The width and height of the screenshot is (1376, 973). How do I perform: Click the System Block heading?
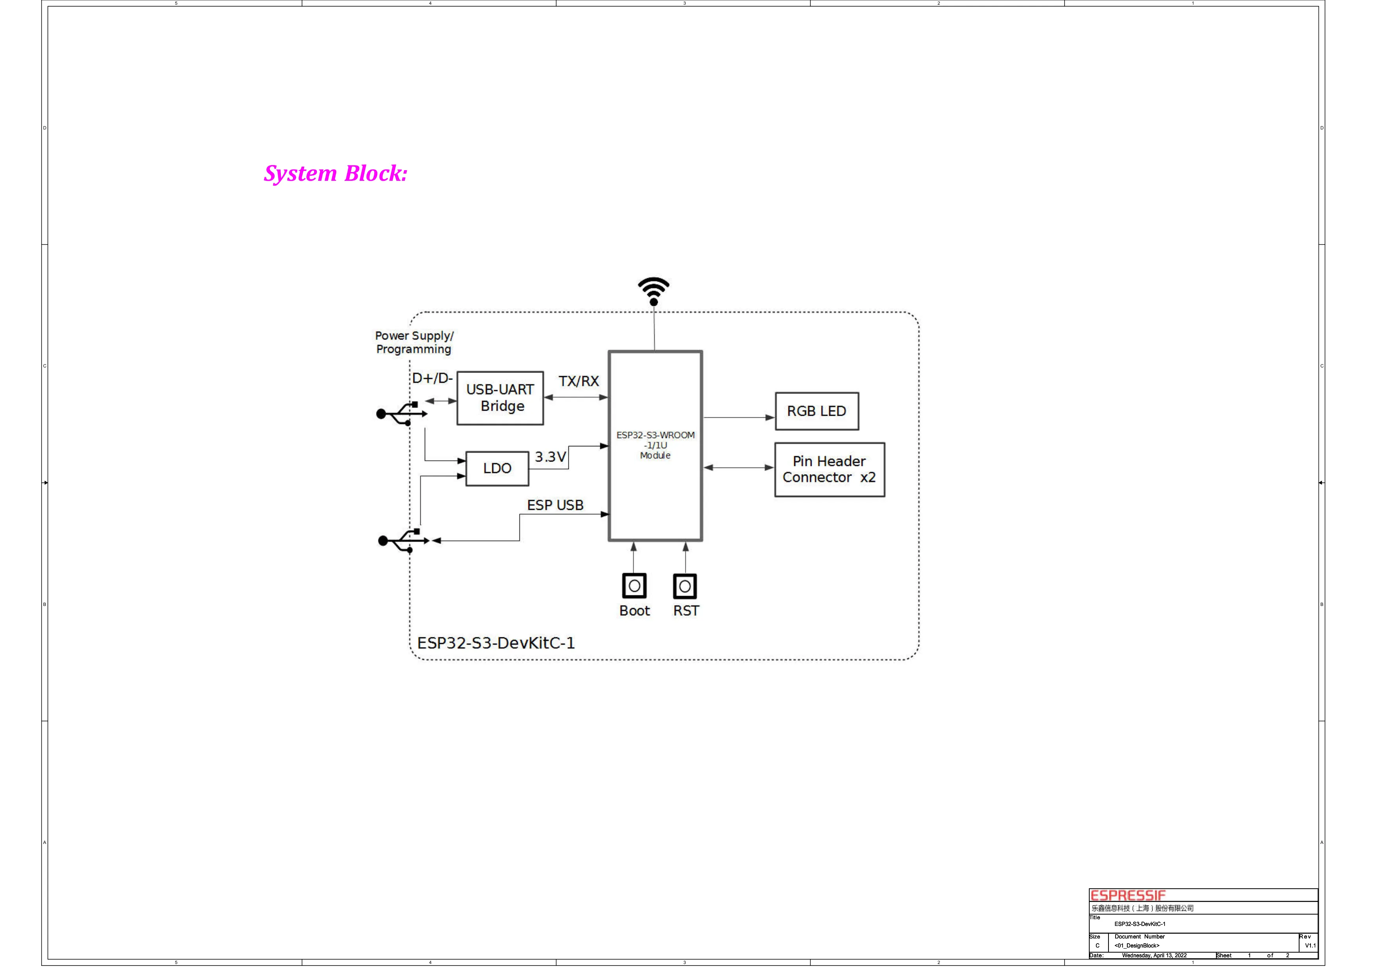[336, 174]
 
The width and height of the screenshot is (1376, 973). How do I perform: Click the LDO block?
[497, 469]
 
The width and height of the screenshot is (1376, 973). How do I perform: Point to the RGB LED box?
[816, 411]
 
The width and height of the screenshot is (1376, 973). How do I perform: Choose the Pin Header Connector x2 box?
[830, 470]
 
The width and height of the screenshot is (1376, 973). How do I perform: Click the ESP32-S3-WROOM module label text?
[655, 445]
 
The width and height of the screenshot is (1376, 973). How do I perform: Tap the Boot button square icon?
[634, 586]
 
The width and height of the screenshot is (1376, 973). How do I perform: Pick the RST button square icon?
[685, 586]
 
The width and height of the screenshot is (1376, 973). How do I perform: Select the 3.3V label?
[550, 457]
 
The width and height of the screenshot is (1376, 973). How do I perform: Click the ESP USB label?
[555, 506]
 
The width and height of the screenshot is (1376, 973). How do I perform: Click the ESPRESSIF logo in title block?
[1127, 895]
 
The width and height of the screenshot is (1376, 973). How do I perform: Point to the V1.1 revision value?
[1310, 946]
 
